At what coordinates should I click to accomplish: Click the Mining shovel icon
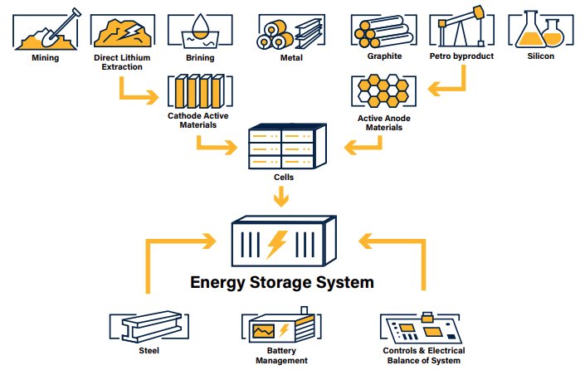click(45, 30)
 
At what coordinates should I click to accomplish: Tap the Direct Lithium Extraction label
click(121, 61)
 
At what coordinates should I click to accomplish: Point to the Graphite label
click(384, 56)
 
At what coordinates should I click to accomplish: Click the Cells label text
click(284, 177)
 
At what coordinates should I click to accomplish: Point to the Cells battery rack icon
click(284, 148)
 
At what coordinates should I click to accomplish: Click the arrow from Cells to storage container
click(284, 196)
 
